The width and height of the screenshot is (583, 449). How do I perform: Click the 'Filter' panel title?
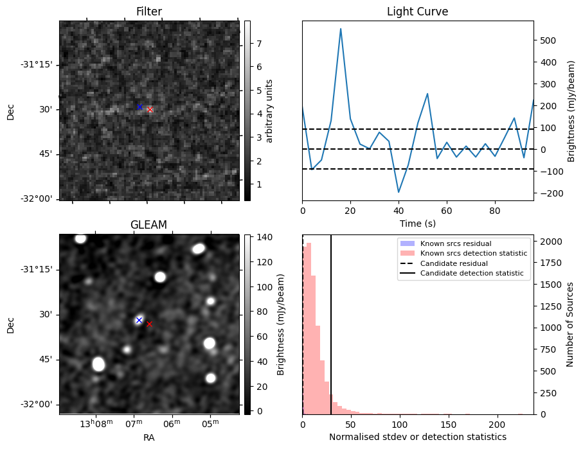coord(149,12)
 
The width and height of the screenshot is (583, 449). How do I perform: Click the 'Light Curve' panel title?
coord(417,12)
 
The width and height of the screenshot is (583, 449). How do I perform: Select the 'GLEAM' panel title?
coord(149,225)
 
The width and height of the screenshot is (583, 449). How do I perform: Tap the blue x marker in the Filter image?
coord(139,107)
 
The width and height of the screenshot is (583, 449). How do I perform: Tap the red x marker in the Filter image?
coord(150,110)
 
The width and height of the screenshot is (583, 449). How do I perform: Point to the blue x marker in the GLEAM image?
coord(138,320)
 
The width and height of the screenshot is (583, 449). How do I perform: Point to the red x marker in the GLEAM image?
coord(149,324)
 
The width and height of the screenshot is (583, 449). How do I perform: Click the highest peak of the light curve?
coord(341,29)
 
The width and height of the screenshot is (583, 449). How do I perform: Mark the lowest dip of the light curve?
coord(399,192)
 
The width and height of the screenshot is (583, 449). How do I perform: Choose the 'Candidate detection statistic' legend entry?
coord(471,274)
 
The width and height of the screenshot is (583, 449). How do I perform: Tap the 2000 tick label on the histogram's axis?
coord(550,242)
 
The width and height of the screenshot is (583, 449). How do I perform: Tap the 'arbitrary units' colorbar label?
coord(270,110)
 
